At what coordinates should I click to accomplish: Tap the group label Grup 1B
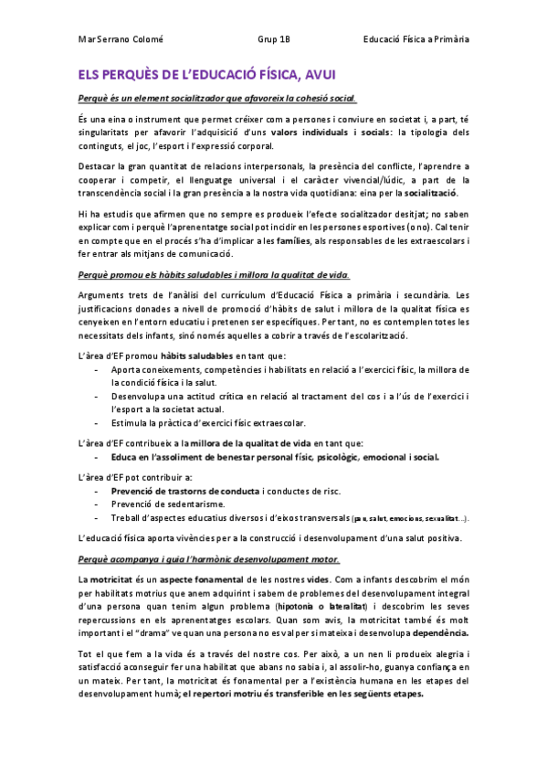pyautogui.click(x=274, y=39)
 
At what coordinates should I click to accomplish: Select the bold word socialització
pyautogui.click(x=432, y=193)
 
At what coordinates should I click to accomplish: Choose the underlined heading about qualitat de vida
pyautogui.click(x=213, y=275)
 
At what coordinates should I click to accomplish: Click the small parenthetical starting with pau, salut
pyautogui.click(x=410, y=518)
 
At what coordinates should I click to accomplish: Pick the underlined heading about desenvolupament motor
pyautogui.click(x=209, y=558)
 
